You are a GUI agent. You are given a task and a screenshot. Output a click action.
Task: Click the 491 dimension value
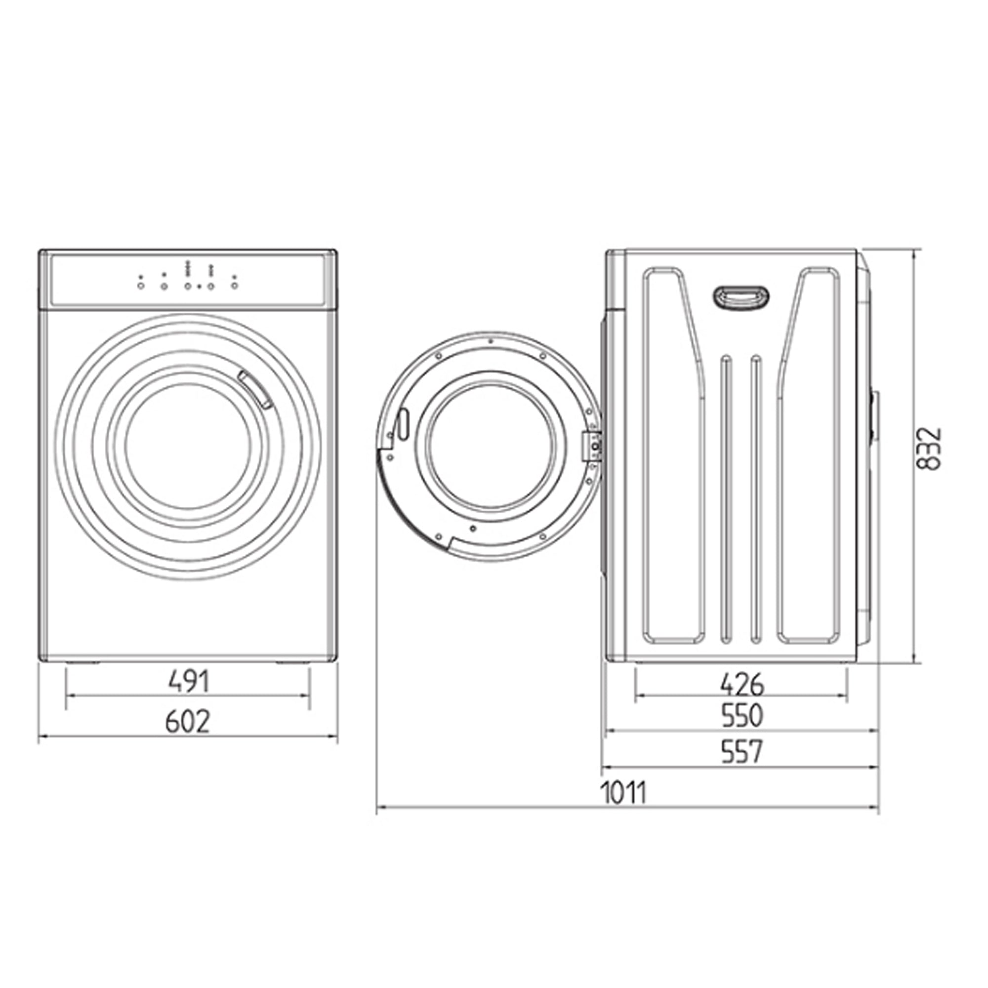(x=189, y=682)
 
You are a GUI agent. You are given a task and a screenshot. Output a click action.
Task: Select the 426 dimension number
(x=742, y=684)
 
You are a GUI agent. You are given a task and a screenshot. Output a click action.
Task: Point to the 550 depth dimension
(x=742, y=716)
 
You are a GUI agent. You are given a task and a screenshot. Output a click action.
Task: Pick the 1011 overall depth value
(x=623, y=793)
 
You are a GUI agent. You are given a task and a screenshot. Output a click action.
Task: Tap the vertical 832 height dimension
(x=928, y=449)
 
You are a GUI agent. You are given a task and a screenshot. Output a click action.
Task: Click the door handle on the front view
(x=255, y=389)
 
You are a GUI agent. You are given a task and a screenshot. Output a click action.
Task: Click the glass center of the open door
(x=490, y=445)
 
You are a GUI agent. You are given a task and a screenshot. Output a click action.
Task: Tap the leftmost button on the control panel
(x=141, y=286)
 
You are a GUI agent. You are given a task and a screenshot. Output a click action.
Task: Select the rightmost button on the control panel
(x=234, y=286)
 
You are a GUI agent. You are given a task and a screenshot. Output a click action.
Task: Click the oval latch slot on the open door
(x=403, y=423)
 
